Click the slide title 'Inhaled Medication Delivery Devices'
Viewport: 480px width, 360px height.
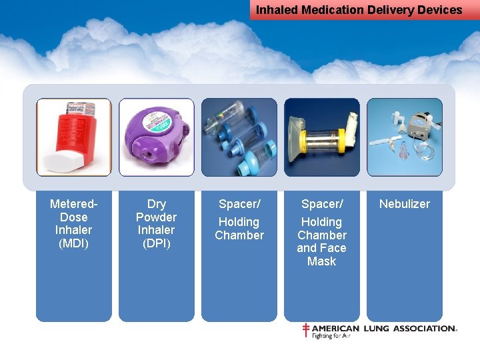coord(359,10)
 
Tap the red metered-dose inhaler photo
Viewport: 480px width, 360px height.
coord(74,137)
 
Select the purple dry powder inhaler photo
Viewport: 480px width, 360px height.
coord(157,137)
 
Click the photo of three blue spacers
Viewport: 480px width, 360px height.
coord(239,137)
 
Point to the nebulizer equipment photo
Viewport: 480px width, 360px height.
coord(405,137)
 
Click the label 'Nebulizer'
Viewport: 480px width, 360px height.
coord(405,204)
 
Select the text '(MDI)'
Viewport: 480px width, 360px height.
coord(74,243)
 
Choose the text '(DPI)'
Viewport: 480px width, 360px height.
coord(157,243)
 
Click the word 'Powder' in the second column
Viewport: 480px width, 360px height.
coord(157,217)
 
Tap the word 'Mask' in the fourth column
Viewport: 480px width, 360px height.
coord(321,261)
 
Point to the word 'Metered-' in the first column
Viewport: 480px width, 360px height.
coord(74,204)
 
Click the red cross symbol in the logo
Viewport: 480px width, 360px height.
coord(306,330)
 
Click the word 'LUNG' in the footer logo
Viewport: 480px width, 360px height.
coord(376,329)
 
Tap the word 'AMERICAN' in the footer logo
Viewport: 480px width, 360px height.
coord(335,329)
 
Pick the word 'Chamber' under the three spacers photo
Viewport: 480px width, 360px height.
coord(239,235)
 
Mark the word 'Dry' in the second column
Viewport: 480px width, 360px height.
coord(157,204)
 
